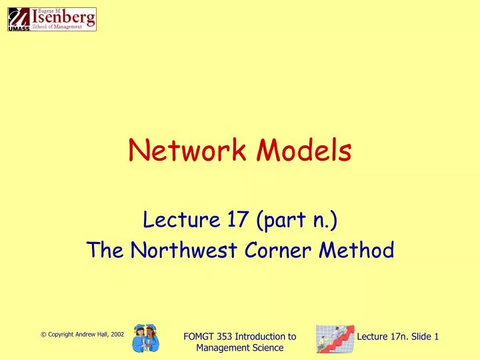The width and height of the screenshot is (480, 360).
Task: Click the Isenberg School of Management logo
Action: point(52,19)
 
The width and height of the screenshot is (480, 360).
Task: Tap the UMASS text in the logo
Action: point(18,29)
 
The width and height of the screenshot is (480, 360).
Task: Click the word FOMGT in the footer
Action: point(199,337)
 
